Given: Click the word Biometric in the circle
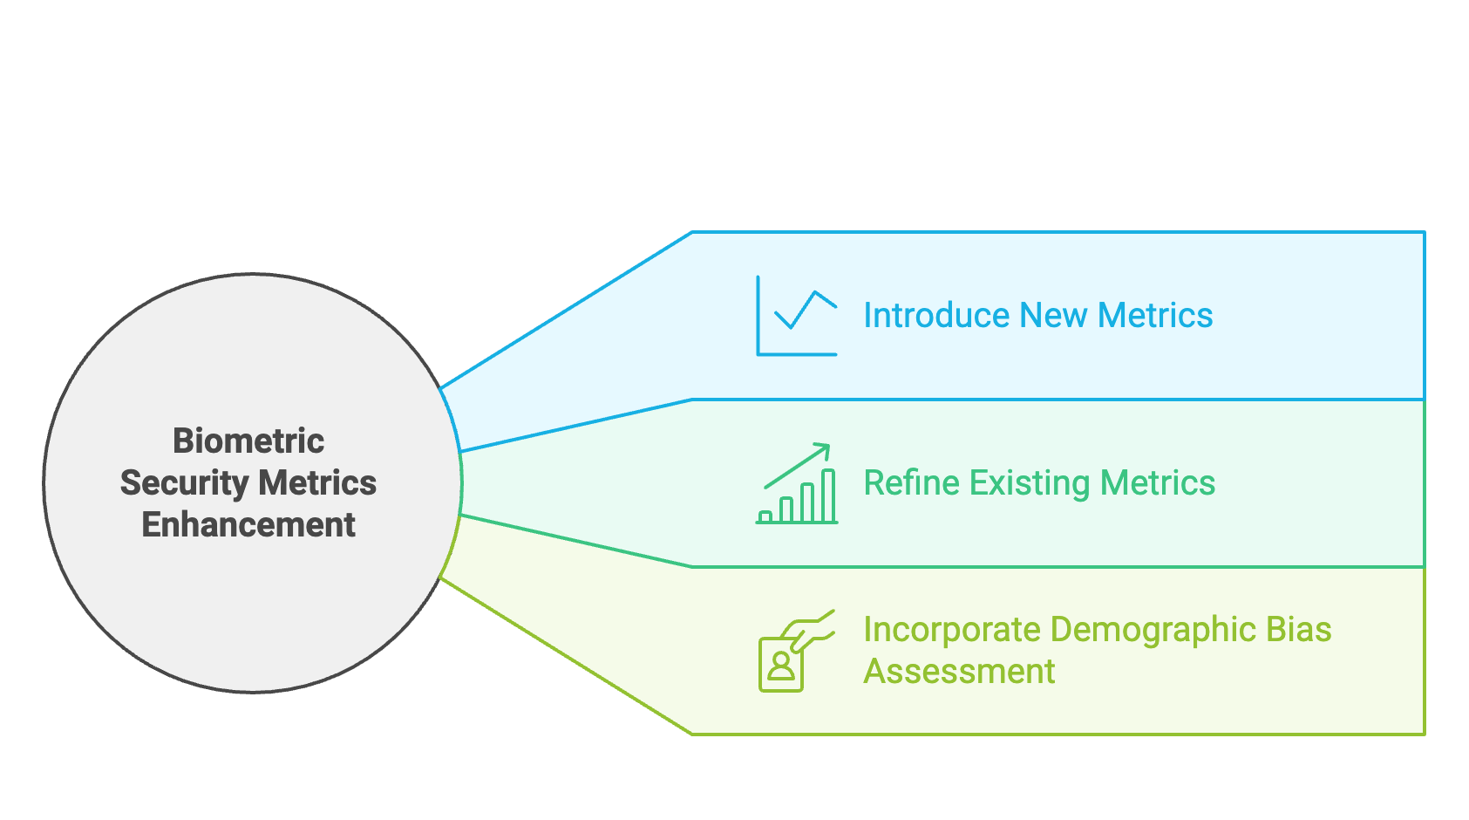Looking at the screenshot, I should click(248, 441).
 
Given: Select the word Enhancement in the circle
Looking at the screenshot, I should click(248, 525).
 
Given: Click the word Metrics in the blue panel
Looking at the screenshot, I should click(1155, 315).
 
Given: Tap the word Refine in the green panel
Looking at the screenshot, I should click(911, 482).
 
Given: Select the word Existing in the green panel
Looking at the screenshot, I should click(1030, 482).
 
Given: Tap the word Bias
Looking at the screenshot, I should click(1299, 630).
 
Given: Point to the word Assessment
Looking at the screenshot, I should click(959, 672).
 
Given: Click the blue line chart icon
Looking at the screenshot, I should click(796, 316).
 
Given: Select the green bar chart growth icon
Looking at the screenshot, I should click(797, 483).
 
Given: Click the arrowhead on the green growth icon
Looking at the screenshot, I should click(824, 449).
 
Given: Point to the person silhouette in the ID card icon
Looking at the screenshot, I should click(781, 666).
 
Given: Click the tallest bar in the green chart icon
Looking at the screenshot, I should click(828, 495).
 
